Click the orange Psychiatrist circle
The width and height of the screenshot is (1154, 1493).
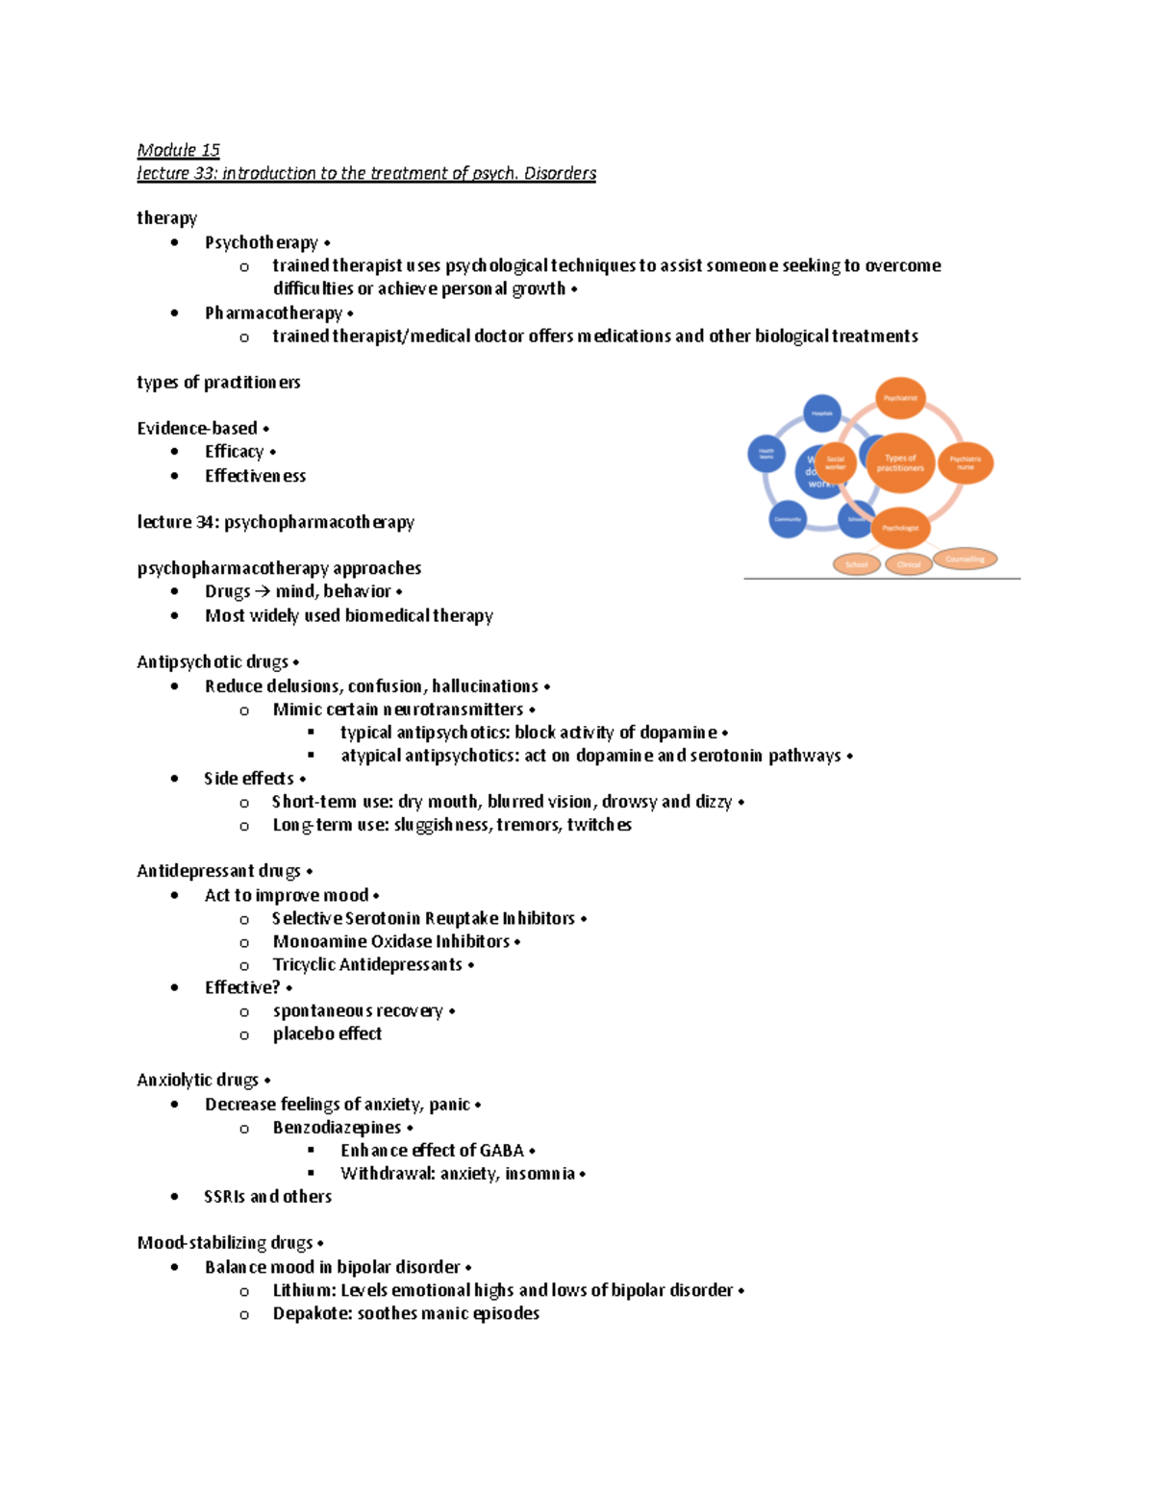click(900, 398)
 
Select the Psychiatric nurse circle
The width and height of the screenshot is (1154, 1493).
click(966, 462)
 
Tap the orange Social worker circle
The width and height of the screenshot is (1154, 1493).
click(835, 463)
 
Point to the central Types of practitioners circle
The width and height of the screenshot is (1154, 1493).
click(900, 463)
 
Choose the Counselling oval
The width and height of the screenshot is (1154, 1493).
click(965, 559)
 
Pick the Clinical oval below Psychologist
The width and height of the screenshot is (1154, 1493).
click(909, 564)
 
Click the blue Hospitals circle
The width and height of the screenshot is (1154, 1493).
click(822, 413)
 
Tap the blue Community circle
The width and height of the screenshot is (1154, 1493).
click(788, 519)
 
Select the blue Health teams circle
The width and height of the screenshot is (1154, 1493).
click(766, 453)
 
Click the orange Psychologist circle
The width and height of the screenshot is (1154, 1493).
click(900, 528)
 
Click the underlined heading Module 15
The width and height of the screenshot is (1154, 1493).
click(178, 150)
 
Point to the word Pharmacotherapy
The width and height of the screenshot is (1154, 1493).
click(273, 313)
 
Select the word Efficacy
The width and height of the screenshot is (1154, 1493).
click(234, 452)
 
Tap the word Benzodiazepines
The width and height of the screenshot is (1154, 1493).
click(337, 1128)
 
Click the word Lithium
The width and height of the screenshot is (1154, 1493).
click(302, 1290)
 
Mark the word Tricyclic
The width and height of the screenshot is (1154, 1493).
click(302, 964)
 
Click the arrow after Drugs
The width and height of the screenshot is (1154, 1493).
click(263, 592)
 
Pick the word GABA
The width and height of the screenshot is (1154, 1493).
click(501, 1151)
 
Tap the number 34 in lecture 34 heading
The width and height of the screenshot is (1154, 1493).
click(206, 522)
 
